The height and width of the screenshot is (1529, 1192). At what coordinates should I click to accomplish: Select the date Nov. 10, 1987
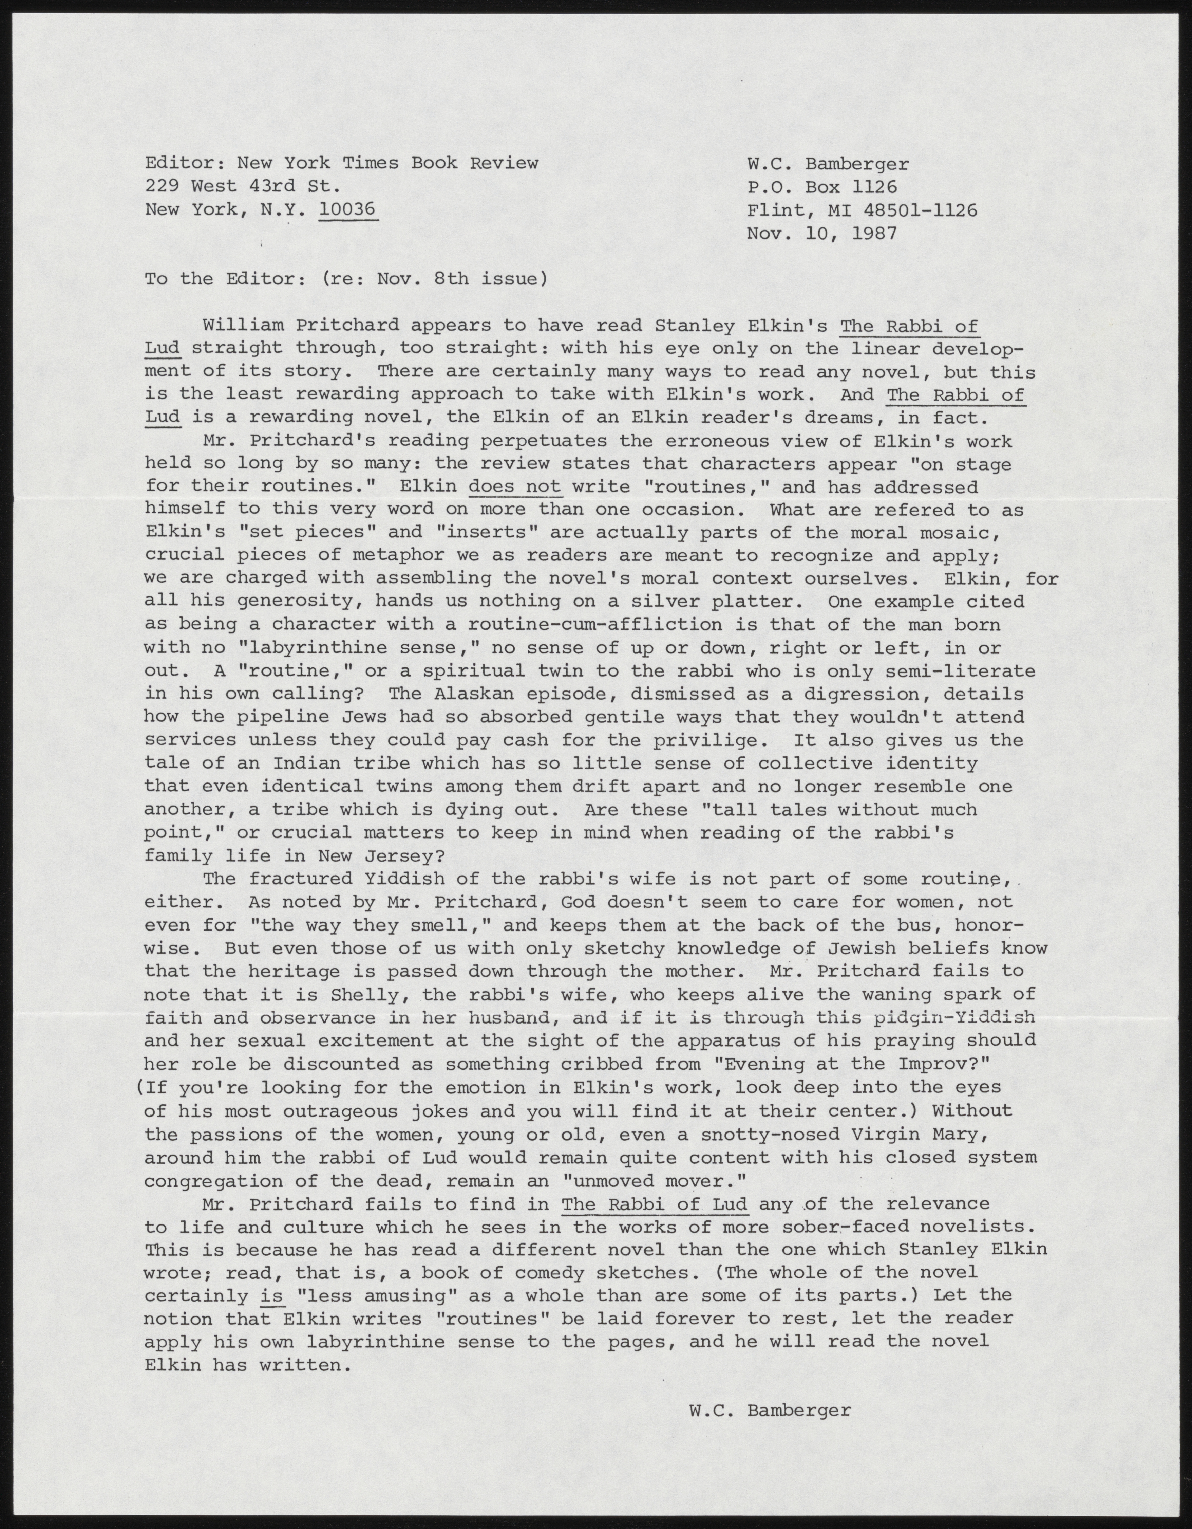(x=822, y=233)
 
